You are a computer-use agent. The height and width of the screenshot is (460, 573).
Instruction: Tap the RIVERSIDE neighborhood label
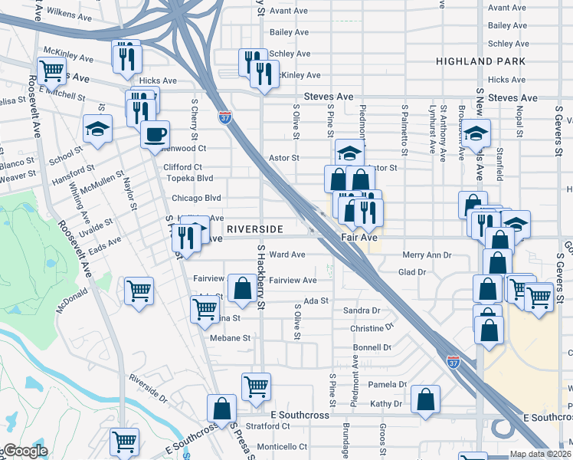click(x=256, y=229)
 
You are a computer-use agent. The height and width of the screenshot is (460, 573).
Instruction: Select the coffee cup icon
click(x=155, y=133)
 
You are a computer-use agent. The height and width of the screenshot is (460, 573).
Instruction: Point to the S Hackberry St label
click(x=260, y=278)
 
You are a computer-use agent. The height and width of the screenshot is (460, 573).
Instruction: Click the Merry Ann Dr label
click(x=427, y=255)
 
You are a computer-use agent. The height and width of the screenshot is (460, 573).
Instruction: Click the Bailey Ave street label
click(x=289, y=32)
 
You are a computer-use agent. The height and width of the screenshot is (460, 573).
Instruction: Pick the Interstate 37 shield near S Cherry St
click(x=224, y=118)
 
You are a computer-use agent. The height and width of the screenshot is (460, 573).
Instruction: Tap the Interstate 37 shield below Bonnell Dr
click(x=453, y=359)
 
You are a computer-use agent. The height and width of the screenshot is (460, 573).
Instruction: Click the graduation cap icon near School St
click(x=97, y=128)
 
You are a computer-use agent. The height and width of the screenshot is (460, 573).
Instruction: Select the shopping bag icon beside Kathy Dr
click(x=425, y=399)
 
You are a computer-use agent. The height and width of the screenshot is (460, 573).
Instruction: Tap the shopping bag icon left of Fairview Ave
click(x=242, y=289)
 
